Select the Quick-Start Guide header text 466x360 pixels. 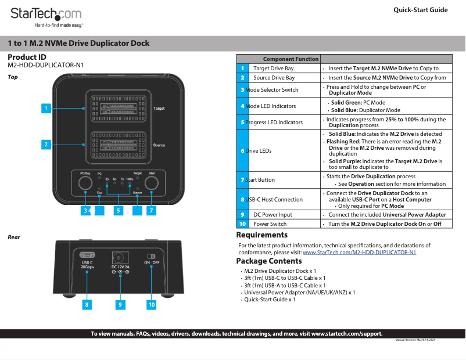420,10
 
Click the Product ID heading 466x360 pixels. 27,57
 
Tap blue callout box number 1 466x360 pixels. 45,108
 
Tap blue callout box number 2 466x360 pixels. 45,144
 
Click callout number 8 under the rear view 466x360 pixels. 87,304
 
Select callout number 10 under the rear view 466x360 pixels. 152,304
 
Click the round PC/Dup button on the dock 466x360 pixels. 85,183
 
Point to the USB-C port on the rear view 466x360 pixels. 87,255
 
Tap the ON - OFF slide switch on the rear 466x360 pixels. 152,256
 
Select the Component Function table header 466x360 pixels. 291,59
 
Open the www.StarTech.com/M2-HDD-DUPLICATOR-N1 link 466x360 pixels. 359,253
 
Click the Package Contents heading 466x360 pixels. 268,261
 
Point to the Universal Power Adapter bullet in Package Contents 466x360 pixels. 299,293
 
